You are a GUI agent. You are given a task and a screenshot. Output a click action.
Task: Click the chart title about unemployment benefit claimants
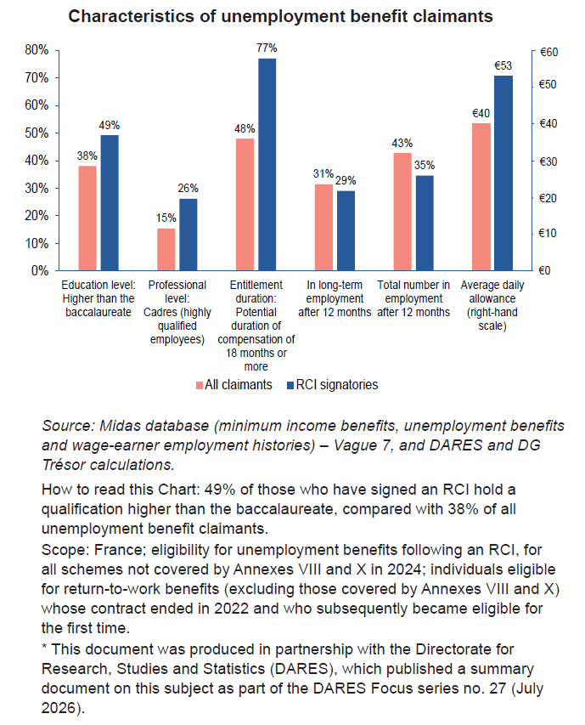tap(280, 16)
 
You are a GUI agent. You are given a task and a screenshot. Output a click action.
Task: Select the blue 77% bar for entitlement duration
tap(267, 164)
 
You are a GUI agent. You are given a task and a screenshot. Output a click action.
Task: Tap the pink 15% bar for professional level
tap(166, 249)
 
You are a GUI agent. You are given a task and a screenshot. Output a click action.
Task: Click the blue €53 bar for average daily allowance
tap(503, 173)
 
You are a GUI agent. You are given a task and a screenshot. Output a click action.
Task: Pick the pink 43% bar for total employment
tap(402, 212)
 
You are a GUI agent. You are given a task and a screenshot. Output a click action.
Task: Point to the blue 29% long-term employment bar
tap(346, 230)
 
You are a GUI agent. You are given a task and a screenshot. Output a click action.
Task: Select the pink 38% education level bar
tap(87, 218)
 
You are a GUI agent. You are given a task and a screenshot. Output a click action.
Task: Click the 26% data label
tap(188, 188)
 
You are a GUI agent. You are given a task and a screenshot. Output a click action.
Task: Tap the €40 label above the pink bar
tap(481, 113)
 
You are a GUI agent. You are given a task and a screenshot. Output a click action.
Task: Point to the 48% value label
tap(245, 128)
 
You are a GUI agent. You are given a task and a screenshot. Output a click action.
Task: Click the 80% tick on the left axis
tap(37, 50)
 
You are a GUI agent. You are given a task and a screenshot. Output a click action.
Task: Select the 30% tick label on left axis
tap(37, 188)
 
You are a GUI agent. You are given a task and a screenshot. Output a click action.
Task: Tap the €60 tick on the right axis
tap(548, 52)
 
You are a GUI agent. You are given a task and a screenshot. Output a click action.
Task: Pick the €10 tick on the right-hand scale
tap(548, 234)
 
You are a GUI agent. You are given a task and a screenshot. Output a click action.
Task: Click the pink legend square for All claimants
tap(200, 385)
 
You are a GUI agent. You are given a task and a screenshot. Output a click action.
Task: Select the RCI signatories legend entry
tap(333, 385)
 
